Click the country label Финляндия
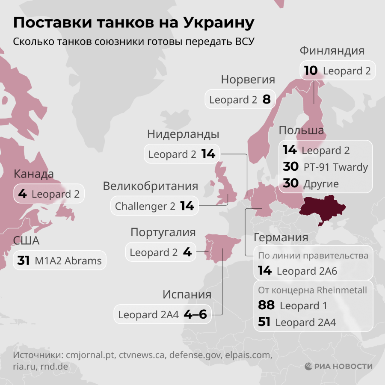pos(332,51)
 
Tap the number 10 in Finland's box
pos(311,71)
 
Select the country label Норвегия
pos(248,80)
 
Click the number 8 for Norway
pos(267,100)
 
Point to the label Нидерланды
pos(183,134)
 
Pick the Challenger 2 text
pos(145,206)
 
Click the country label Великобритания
pos(151,187)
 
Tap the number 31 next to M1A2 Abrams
pos(24,261)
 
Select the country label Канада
pos(34,174)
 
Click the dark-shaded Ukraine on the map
pos(322,207)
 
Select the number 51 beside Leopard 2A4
pos(264,322)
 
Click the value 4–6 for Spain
pos(195,315)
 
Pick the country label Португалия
pos(163,233)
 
